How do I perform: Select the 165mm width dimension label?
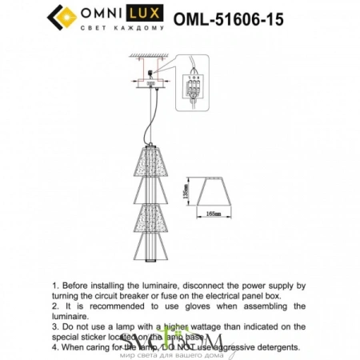[212, 214]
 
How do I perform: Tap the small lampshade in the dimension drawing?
[212, 194]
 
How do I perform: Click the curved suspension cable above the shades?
[149, 120]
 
